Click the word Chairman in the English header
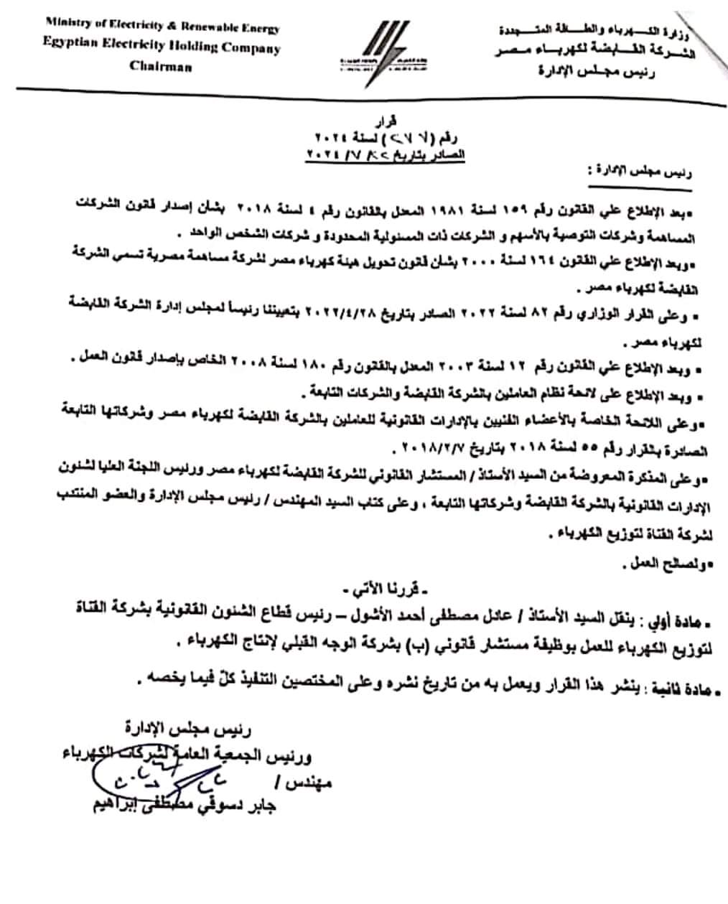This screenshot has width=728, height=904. [x=161, y=66]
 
